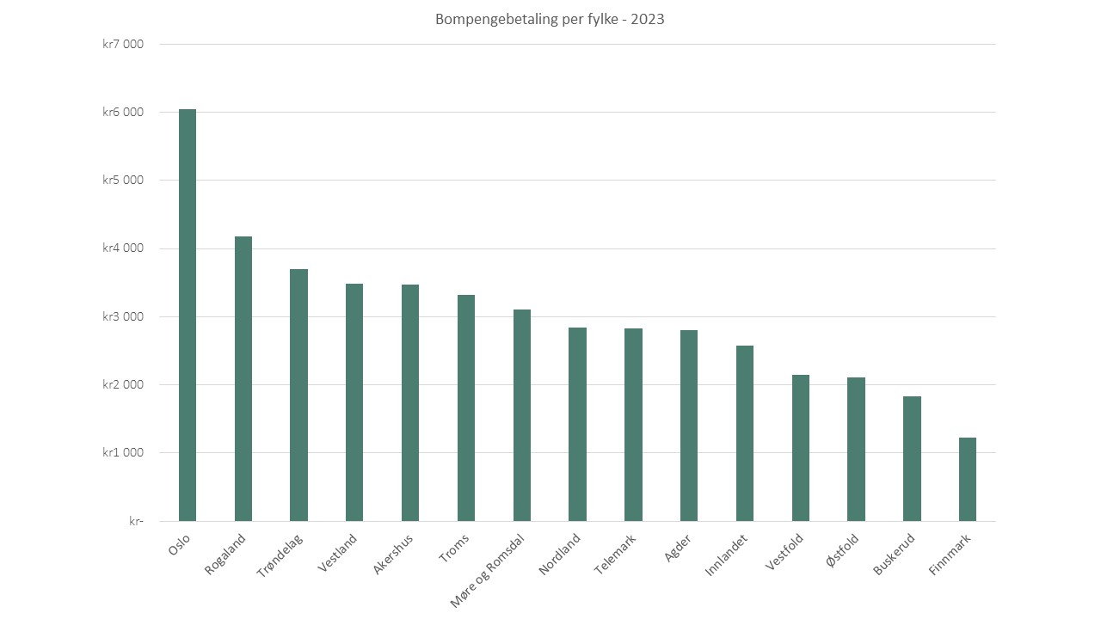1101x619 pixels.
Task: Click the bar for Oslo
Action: click(188, 315)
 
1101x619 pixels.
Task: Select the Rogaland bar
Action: click(243, 379)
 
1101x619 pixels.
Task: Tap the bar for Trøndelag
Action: click(298, 395)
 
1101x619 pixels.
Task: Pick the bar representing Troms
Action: click(466, 408)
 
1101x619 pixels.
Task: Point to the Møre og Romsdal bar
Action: click(522, 415)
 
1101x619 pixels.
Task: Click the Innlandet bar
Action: click(745, 433)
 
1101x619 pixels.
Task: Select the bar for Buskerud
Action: click(912, 458)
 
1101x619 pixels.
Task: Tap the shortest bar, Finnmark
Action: click(968, 479)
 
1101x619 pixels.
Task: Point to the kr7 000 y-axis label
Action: click(123, 44)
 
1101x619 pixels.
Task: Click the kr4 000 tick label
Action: click(123, 248)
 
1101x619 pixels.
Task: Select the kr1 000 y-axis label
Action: click(123, 452)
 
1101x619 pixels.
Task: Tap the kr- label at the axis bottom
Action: click(136, 521)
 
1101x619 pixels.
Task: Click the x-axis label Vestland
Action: click(337, 553)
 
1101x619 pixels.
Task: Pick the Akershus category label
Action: click(393, 555)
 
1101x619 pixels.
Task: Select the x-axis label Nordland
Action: click(559, 555)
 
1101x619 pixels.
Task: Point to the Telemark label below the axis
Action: click(615, 555)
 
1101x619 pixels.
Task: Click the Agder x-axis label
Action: click(677, 549)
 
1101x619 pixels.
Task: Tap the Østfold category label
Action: click(842, 550)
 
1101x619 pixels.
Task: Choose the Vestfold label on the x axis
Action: click(784, 552)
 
